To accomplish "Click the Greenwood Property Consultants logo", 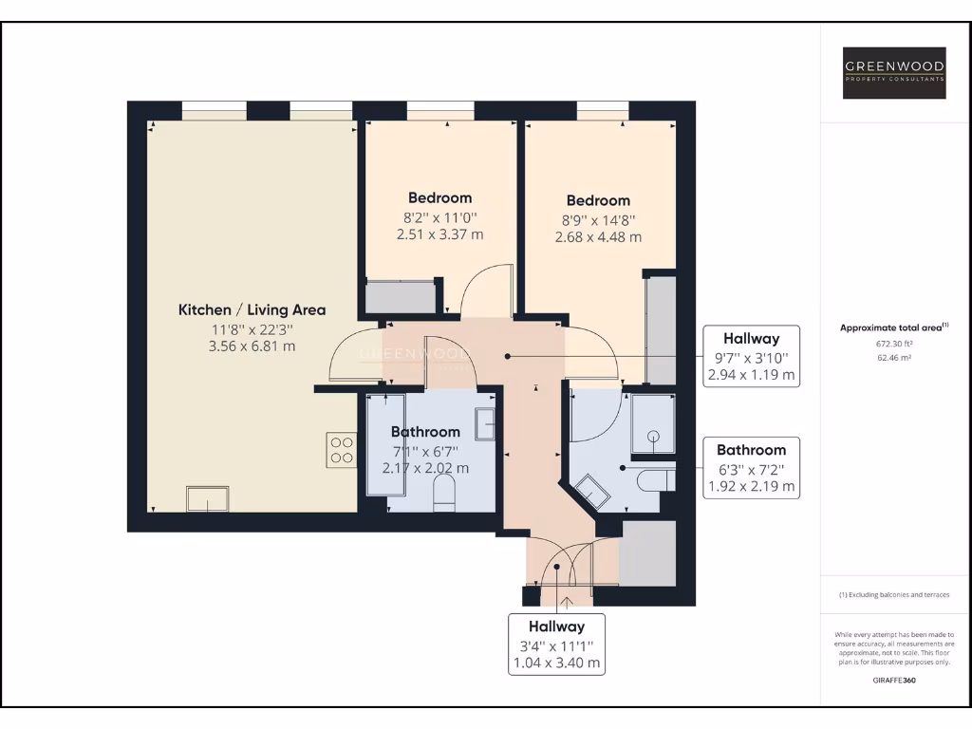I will point(895,72).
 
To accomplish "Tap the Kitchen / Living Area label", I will point(252,309).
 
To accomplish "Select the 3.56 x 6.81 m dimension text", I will point(252,346).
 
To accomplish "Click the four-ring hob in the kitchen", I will point(341,449).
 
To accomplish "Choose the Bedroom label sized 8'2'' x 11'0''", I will point(439,198).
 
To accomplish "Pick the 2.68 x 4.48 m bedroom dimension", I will point(598,237).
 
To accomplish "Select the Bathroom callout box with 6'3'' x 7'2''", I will point(751,469).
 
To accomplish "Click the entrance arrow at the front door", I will point(567,601).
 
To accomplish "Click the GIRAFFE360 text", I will point(894,680).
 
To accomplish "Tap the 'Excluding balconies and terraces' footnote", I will point(894,595).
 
